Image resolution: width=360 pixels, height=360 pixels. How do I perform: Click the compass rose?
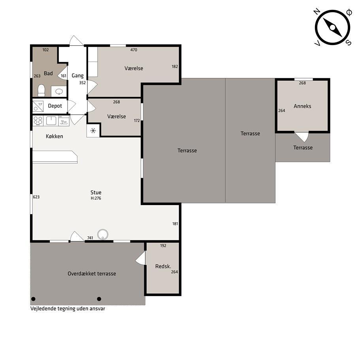point(333,27)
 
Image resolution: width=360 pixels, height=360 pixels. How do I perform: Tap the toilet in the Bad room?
point(41,90)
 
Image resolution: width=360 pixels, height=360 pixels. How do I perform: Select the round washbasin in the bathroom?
point(59,92)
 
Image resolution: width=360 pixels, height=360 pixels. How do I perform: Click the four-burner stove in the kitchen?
point(38,121)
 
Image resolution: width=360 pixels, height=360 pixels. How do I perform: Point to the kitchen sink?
point(51,121)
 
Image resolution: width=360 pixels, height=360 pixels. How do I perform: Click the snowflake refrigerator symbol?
point(93,131)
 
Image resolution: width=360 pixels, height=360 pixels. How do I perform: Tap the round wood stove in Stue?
point(103,234)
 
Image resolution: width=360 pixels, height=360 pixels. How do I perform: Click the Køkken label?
point(55,136)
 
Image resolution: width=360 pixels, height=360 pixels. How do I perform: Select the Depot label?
point(55,106)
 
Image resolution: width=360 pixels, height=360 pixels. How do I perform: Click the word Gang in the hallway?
point(77,76)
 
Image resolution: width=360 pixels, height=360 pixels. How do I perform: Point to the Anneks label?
point(302,106)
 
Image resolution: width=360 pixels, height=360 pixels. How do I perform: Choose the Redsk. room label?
point(163,266)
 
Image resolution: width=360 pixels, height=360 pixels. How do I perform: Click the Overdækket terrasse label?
point(92,273)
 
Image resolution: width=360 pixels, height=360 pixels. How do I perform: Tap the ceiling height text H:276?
point(96,198)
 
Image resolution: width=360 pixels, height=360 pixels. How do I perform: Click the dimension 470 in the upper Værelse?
point(134,50)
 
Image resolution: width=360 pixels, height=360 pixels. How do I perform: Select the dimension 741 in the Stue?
point(90,238)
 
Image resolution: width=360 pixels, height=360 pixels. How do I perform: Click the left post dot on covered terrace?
point(33,299)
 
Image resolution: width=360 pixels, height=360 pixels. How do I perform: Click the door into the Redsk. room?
point(141,258)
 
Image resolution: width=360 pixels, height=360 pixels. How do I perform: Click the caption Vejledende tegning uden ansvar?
point(68,309)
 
